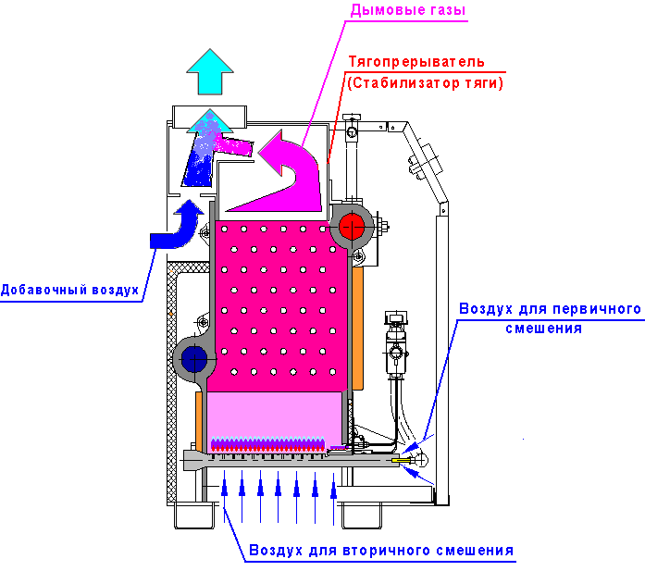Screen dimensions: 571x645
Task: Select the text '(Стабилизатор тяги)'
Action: (x=425, y=82)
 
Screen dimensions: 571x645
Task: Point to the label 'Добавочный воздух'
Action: (x=69, y=289)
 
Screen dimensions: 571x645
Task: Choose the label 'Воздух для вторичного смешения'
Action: (x=380, y=552)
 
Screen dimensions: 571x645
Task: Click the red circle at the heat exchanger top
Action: (x=351, y=226)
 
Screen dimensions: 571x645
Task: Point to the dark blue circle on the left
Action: (x=194, y=357)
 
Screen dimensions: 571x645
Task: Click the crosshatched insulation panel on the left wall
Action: (x=170, y=389)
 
